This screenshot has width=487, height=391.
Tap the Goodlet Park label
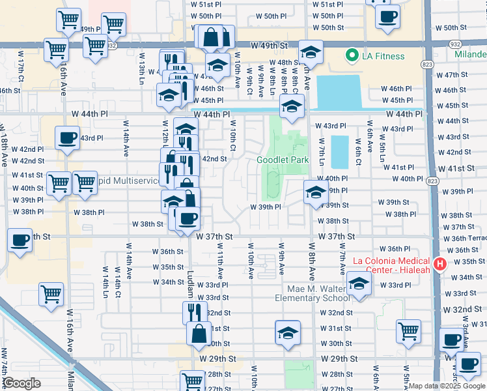tap(282, 160)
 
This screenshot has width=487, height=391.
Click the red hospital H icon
tap(440, 264)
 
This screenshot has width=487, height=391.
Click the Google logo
tap(22, 383)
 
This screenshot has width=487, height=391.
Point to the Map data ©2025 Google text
tap(447, 386)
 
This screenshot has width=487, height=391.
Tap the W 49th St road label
tap(270, 46)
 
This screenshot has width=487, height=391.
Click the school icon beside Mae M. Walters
tap(358, 284)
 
